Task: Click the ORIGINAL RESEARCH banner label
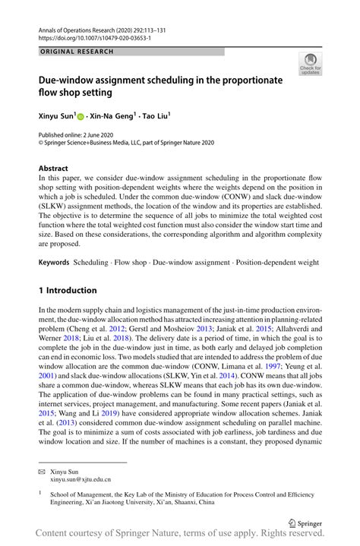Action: [x=77, y=52]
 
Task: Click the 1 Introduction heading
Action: [x=68, y=290]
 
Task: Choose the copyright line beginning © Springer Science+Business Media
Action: [x=126, y=142]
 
